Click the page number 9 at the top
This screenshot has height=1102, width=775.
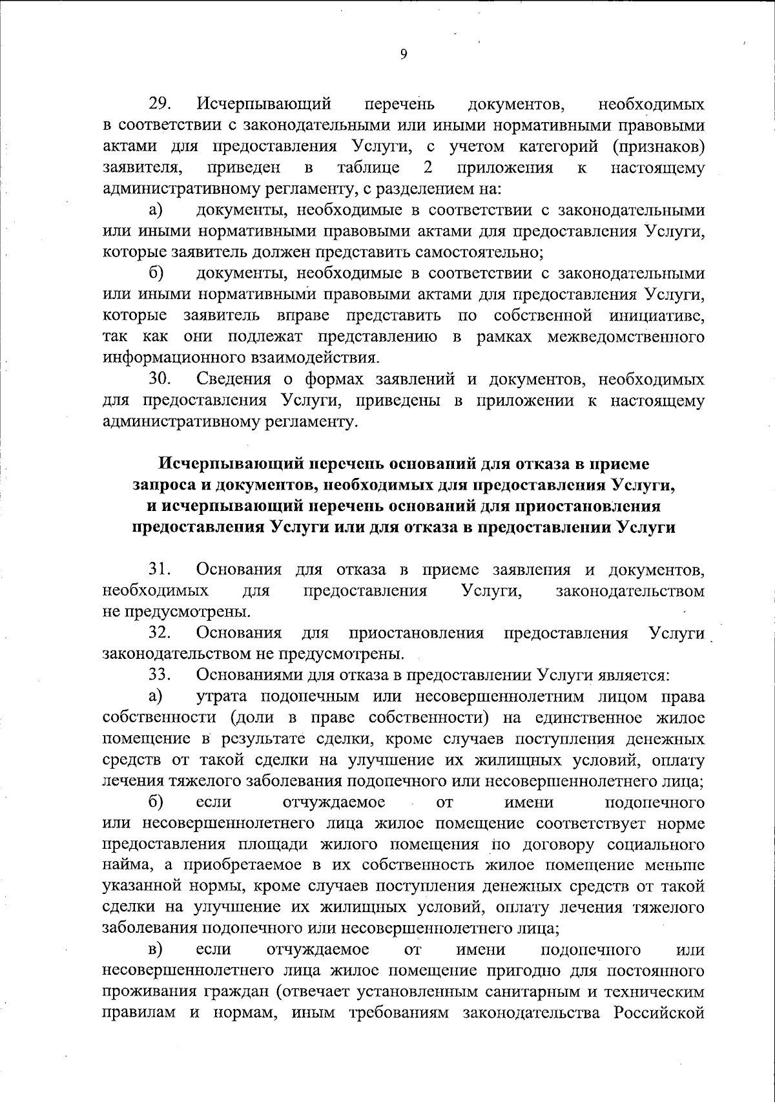(x=404, y=55)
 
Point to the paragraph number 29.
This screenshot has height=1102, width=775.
(x=159, y=104)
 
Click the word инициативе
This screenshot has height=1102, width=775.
(x=656, y=315)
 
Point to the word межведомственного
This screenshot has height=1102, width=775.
(x=626, y=337)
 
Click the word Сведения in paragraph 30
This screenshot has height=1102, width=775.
(x=234, y=379)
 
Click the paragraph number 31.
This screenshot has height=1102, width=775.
(x=159, y=569)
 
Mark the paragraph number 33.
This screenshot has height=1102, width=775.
(x=159, y=675)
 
